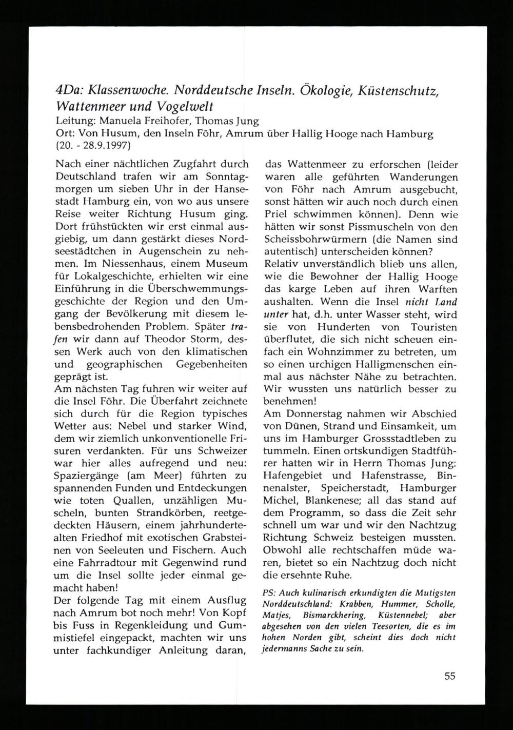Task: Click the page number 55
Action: click(450, 676)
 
